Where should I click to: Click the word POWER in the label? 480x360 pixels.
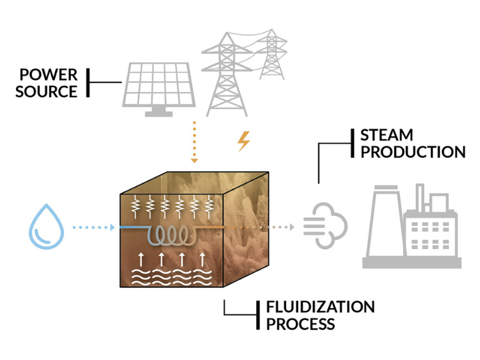pos(48,75)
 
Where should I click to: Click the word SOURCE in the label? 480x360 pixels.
pos(46,92)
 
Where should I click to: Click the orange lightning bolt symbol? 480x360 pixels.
pos(244,142)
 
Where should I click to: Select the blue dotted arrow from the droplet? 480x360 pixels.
pos(92,227)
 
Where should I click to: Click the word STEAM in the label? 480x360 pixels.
pos(386,135)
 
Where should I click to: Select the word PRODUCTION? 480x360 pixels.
pos(413,152)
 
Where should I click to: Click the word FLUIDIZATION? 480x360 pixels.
pos(320,307)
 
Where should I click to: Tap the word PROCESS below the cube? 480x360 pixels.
pos(300,325)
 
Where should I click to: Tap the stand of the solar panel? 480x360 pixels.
pos(158,112)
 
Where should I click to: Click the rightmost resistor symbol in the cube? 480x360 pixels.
pos(209,207)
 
